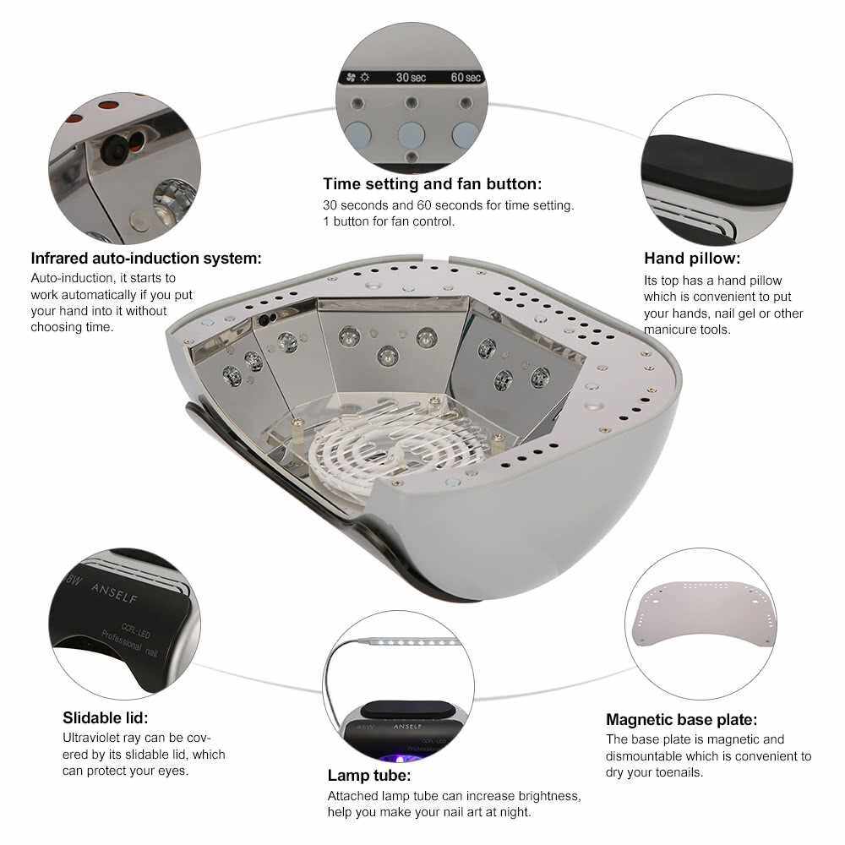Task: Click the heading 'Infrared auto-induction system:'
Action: tap(146, 259)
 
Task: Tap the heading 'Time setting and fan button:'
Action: tap(432, 184)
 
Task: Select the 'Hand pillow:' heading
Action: tap(692, 259)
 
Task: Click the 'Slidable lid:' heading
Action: tap(105, 717)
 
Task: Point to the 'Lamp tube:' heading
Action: tap(369, 776)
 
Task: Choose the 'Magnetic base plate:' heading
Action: tap(682, 719)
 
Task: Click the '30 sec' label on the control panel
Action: tap(411, 78)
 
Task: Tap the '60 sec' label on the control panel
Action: tap(466, 78)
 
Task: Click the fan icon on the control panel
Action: tap(352, 78)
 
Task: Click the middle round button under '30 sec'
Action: tap(412, 134)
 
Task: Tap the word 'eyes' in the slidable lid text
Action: tap(172, 771)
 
